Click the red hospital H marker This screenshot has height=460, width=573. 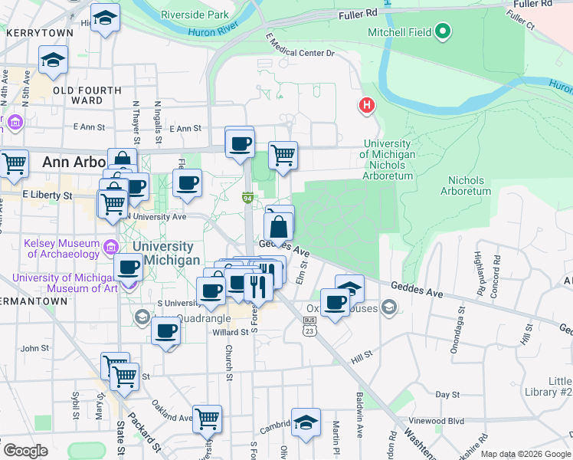tap(368, 105)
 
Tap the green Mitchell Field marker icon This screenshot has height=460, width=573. tap(443, 32)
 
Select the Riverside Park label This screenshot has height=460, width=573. tap(195, 15)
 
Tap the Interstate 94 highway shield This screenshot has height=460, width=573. tap(248, 199)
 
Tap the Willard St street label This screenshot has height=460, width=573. tap(231, 332)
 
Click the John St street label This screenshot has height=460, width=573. tap(35, 348)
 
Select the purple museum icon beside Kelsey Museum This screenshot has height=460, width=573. tap(110, 247)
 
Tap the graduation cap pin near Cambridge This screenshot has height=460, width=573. tap(306, 423)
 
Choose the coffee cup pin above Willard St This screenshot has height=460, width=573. tap(165, 332)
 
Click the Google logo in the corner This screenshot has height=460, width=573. tap(25, 451)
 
